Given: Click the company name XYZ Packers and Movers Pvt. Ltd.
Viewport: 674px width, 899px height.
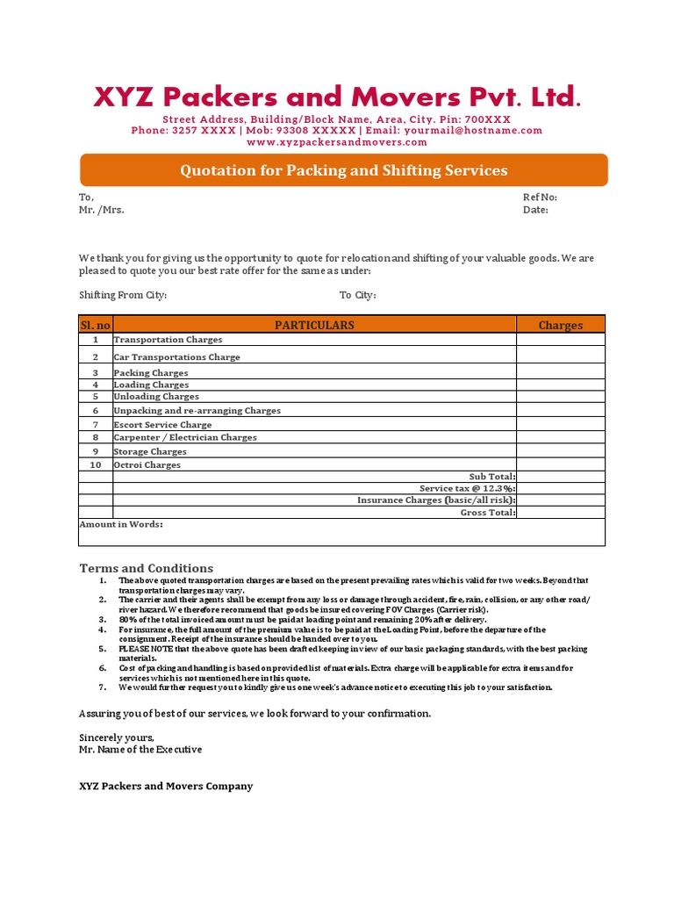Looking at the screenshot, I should [x=337, y=97].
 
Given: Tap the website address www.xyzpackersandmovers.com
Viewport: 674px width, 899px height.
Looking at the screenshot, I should [x=337, y=142].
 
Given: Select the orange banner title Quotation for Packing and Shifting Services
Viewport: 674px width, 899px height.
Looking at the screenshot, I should [x=344, y=170].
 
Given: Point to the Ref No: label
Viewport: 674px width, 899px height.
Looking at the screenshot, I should [x=540, y=198].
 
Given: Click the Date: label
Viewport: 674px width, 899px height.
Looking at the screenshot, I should [x=535, y=211].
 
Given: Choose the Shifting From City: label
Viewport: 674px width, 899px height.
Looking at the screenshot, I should [x=123, y=295].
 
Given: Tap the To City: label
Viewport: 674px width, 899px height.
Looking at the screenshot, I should [x=358, y=295].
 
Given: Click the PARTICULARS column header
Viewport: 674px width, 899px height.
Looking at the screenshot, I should [x=314, y=325].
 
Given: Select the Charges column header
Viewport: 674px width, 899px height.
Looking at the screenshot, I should [x=561, y=326].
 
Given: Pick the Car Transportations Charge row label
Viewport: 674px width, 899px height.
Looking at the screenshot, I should [x=176, y=357].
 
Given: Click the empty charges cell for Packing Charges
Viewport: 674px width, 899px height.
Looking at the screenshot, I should [x=561, y=373].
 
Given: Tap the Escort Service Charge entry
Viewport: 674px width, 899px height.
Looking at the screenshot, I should [x=162, y=425].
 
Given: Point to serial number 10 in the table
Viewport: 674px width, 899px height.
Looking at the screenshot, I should [x=96, y=465].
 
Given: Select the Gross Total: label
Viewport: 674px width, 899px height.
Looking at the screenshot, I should [x=488, y=513].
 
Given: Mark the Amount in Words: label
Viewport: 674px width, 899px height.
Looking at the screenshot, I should [x=121, y=524].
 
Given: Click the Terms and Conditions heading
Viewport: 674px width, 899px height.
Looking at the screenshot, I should [x=147, y=568].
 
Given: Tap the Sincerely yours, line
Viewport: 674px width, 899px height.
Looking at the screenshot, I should [x=117, y=737].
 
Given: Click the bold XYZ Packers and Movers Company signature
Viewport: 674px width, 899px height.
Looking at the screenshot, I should [x=166, y=786].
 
